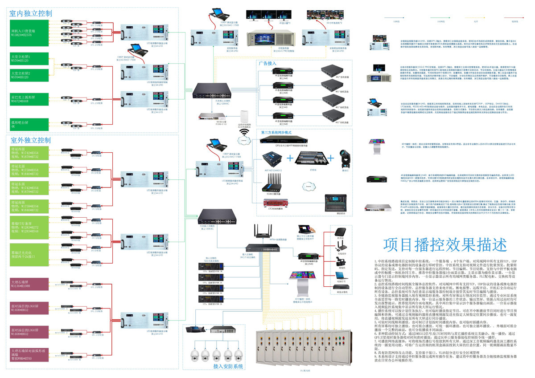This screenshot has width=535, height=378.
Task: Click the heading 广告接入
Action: pos(268,64)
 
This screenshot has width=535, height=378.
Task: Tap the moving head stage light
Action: pos(346,158)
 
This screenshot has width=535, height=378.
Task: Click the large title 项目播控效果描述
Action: pos(444,244)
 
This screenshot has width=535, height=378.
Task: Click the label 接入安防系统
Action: pos(228,366)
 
